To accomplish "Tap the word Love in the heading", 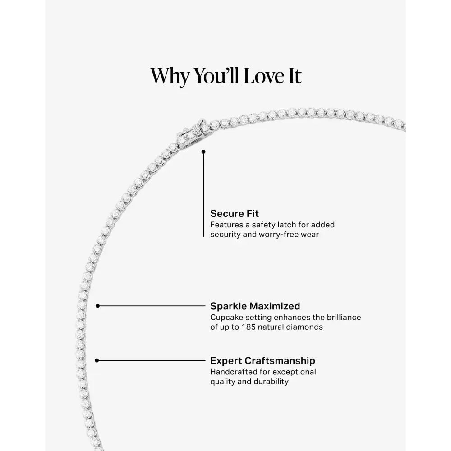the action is pos(264,76).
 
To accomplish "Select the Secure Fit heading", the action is pos(235,213).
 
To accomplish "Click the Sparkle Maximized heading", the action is pos(255,306).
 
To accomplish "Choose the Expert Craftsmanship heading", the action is pos(262,361).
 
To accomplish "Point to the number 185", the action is pos(249,327).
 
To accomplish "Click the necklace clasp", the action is pos(192,133).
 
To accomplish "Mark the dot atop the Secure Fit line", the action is pos(203,152).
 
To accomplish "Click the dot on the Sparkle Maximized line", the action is pos(98,306).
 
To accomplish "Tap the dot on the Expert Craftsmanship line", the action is pos(97,360).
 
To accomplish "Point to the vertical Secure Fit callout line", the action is pos(203,194).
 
